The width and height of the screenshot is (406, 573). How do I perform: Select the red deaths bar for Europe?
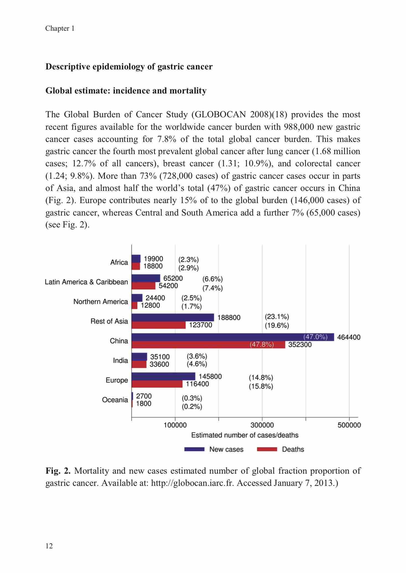[x=157, y=384]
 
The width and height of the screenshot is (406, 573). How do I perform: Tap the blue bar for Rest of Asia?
[x=173, y=317]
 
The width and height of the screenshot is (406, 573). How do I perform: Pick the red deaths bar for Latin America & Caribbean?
[x=143, y=286]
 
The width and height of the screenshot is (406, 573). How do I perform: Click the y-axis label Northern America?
[x=100, y=302]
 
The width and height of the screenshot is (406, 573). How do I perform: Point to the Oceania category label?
[x=115, y=400]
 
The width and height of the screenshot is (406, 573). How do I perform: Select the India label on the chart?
[x=120, y=361]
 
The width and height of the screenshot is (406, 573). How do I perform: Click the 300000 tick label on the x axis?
[x=262, y=425]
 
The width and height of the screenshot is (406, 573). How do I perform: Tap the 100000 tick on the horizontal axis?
[x=175, y=425]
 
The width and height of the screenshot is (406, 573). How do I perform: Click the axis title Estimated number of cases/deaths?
[x=245, y=435]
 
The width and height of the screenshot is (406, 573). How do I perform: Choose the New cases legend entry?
[x=214, y=449]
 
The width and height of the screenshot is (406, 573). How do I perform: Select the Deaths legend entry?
[x=280, y=449]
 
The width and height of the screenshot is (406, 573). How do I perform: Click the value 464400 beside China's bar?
[x=349, y=337]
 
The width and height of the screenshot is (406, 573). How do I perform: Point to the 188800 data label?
[x=229, y=318]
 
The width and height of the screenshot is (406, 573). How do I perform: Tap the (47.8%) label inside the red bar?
[x=262, y=345]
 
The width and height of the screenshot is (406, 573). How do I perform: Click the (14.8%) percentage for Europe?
[x=261, y=378]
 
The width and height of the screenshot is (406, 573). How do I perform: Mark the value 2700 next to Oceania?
[x=144, y=396]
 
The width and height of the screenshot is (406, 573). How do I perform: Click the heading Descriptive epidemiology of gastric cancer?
[x=129, y=67]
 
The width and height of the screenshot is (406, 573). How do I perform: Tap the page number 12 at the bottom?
[x=49, y=546]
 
